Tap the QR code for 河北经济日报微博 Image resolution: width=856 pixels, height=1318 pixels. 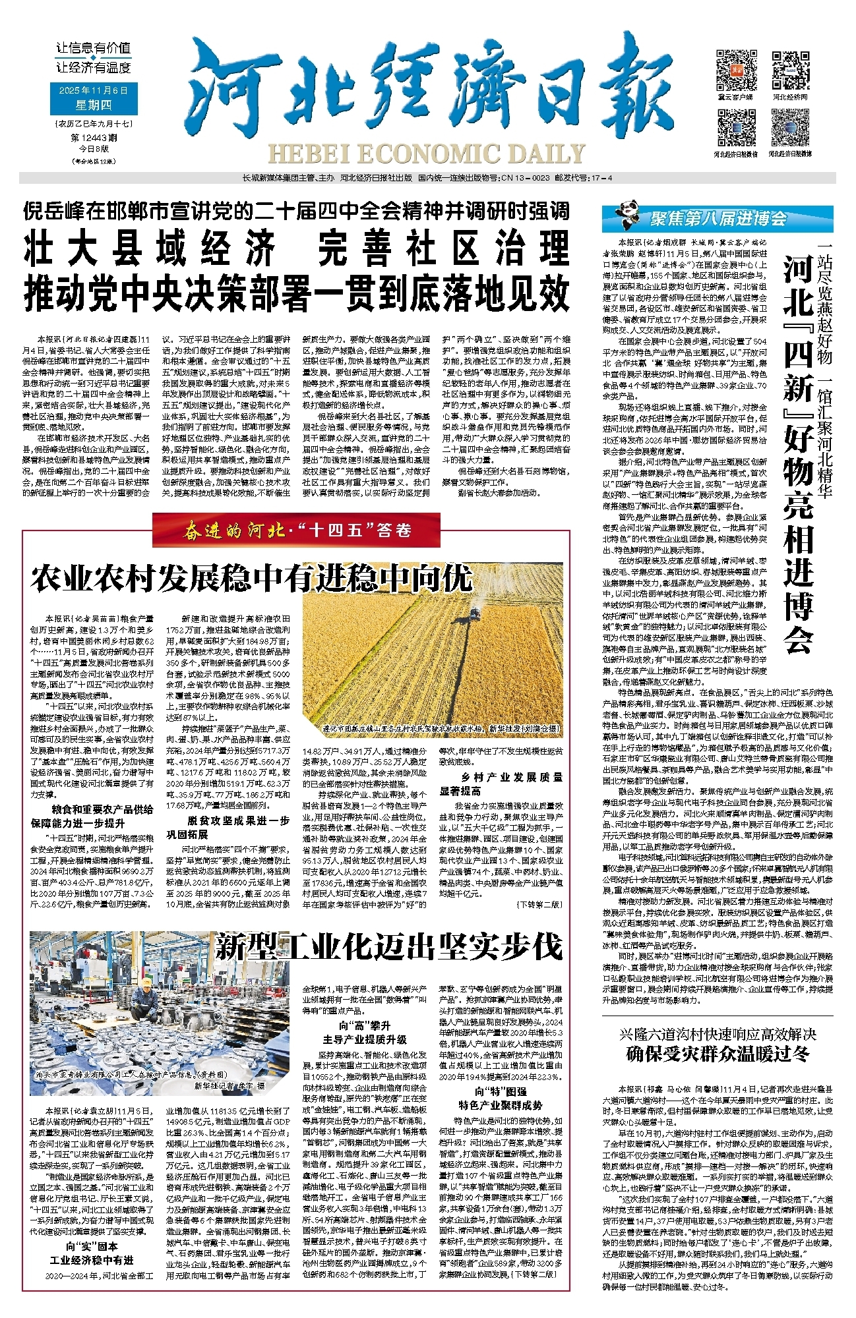click(x=791, y=128)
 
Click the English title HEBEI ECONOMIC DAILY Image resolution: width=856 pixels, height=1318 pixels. click(x=426, y=154)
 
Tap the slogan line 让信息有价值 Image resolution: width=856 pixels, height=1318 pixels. click(x=93, y=47)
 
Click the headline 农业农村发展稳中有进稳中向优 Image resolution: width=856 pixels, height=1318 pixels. click(x=252, y=579)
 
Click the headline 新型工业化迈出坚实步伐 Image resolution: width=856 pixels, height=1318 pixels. click(x=389, y=947)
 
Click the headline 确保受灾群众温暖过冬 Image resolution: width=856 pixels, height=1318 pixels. click(x=718, y=1054)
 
